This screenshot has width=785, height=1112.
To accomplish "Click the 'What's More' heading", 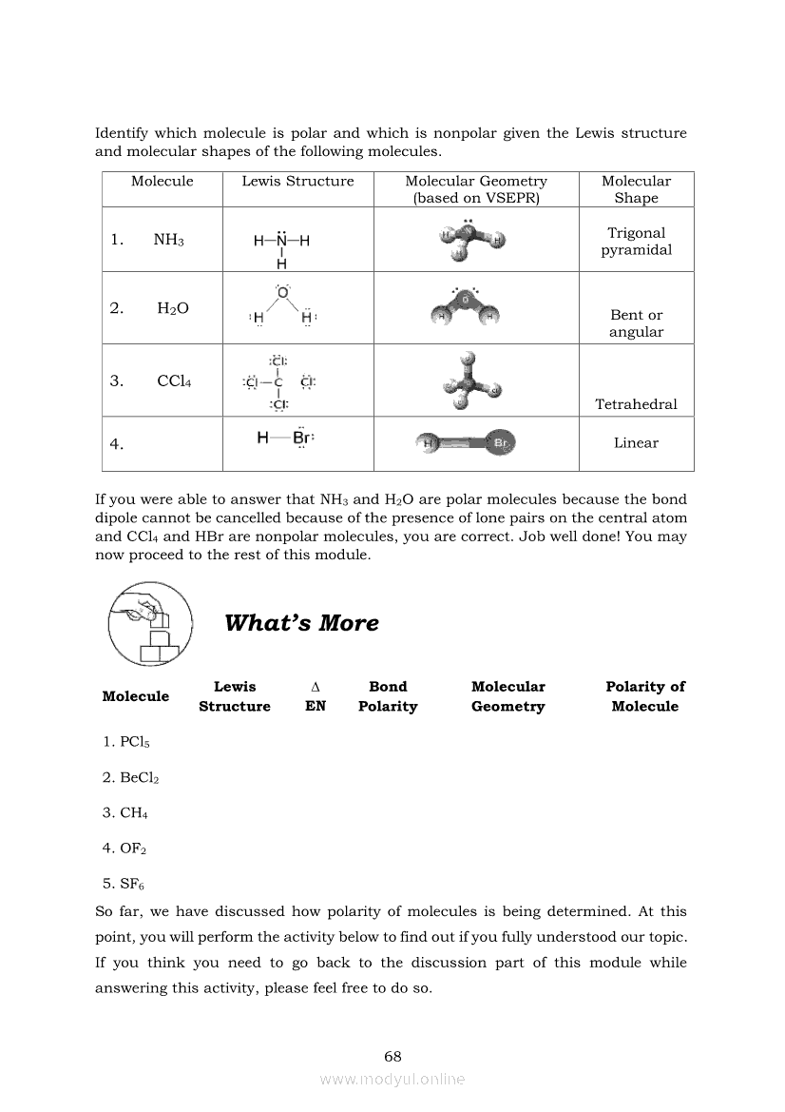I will [301, 623].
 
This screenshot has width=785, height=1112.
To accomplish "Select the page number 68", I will [392, 1056].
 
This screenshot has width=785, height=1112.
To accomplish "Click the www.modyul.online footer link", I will [392, 1079].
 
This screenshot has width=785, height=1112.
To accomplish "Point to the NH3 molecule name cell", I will [168, 241].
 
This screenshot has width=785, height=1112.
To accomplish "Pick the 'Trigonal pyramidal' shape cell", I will [636, 242].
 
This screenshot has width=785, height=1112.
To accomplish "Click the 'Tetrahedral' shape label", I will [636, 404].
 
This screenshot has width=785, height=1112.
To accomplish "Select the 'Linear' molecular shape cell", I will [636, 443].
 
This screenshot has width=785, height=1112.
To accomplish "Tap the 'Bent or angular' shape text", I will [636, 323].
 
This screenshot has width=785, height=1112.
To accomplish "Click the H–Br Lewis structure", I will [285, 439].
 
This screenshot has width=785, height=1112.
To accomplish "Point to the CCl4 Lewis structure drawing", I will [279, 382].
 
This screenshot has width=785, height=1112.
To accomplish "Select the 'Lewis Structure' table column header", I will [297, 182].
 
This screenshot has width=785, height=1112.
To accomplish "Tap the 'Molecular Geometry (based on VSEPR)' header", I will [476, 189].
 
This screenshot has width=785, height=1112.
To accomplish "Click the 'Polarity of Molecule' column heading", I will [644, 696].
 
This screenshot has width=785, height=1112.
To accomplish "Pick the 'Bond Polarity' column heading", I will [388, 696].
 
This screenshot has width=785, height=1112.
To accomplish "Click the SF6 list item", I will [124, 883].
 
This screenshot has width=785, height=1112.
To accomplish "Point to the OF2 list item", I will [124, 848].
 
